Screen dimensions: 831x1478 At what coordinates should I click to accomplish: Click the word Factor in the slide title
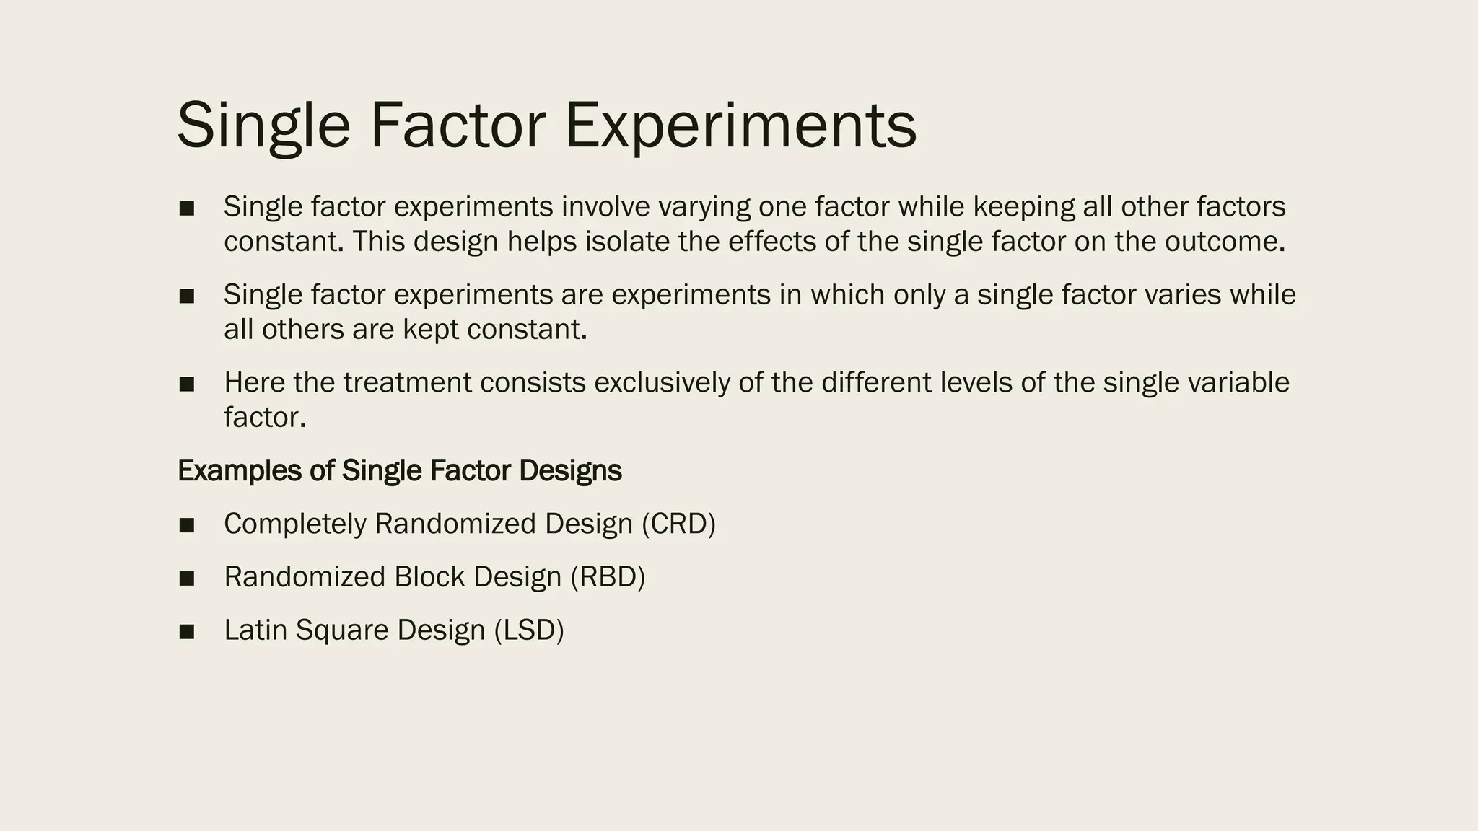point(458,126)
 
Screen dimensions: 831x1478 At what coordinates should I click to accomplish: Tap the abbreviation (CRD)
point(678,524)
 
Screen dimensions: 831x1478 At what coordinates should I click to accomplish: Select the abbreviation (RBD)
point(608,577)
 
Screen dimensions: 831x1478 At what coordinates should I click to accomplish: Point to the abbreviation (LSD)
point(529,630)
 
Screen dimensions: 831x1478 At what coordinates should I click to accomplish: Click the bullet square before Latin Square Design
point(187,632)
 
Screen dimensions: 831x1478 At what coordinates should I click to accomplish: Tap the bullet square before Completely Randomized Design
point(187,525)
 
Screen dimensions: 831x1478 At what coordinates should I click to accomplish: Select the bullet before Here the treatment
point(187,384)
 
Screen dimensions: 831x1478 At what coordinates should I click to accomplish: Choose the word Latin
point(255,630)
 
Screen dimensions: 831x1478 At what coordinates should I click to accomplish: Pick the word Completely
point(295,524)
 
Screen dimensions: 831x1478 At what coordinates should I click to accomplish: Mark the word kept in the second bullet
point(431,330)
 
